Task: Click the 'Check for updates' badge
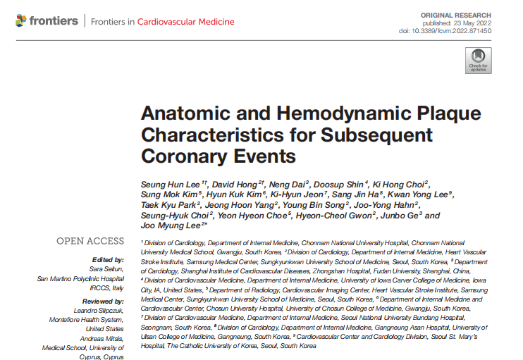coord(479,60)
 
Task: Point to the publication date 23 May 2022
coord(469,23)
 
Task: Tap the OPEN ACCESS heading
coord(90,242)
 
